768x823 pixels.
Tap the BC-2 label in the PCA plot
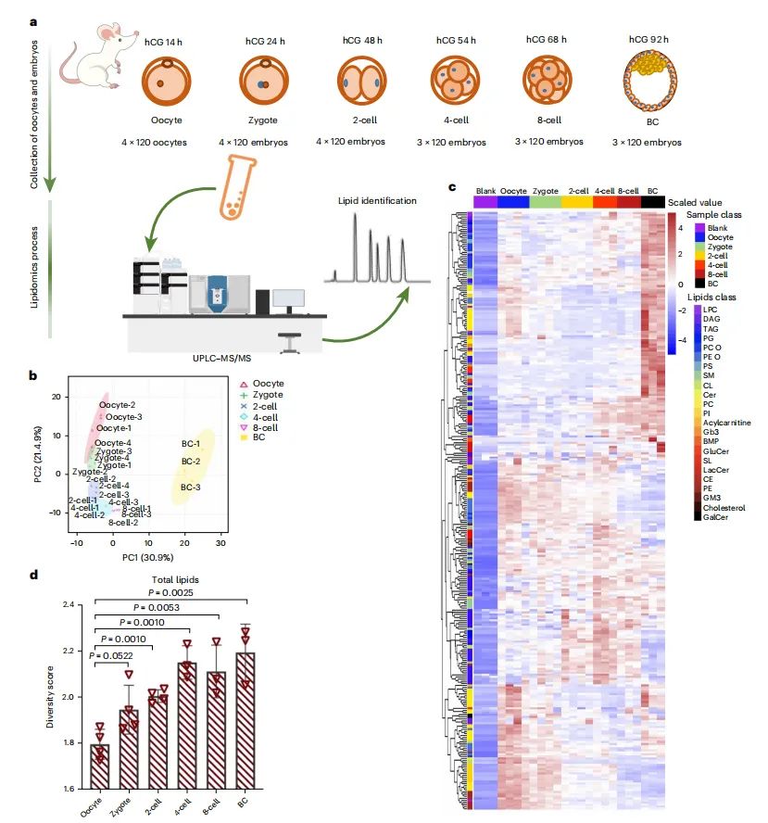tap(192, 461)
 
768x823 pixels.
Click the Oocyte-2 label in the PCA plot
tap(118, 405)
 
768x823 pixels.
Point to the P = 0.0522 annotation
tap(114, 655)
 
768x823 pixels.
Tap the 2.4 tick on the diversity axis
tap(68, 605)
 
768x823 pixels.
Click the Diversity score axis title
tap(51, 695)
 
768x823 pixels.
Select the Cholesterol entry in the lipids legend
tap(724, 507)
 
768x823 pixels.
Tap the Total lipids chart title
tap(170, 579)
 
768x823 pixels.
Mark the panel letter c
tap(453, 188)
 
